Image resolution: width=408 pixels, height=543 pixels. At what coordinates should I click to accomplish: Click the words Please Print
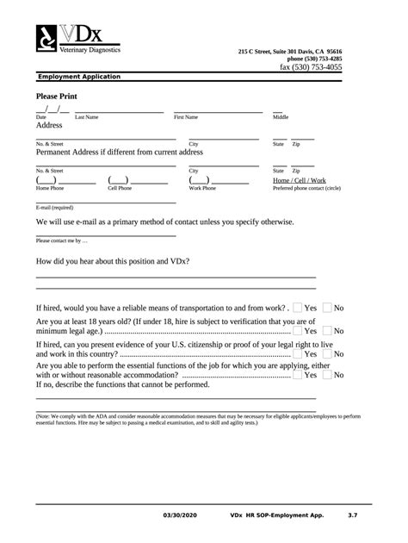[x=58, y=97]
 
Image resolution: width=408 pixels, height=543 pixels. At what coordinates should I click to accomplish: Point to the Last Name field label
[x=87, y=116]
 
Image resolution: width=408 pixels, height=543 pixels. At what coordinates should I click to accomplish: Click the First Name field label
[x=186, y=116]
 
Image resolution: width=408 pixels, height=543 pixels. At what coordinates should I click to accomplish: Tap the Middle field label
[x=281, y=116]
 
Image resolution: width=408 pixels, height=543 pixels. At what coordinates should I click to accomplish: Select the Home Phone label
[x=50, y=187]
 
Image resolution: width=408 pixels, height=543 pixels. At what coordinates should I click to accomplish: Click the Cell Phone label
[x=120, y=187]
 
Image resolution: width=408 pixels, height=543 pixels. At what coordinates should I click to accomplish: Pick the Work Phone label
[x=202, y=187]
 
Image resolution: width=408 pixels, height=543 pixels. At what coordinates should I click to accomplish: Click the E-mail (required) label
[x=54, y=208]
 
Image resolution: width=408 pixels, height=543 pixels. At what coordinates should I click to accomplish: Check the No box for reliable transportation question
[x=327, y=308]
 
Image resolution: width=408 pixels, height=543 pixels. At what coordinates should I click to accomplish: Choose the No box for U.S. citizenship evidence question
[x=327, y=353]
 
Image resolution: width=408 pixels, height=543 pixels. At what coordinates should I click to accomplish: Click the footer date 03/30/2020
[x=179, y=515]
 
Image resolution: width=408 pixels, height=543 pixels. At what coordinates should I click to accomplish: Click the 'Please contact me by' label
[x=62, y=240]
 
